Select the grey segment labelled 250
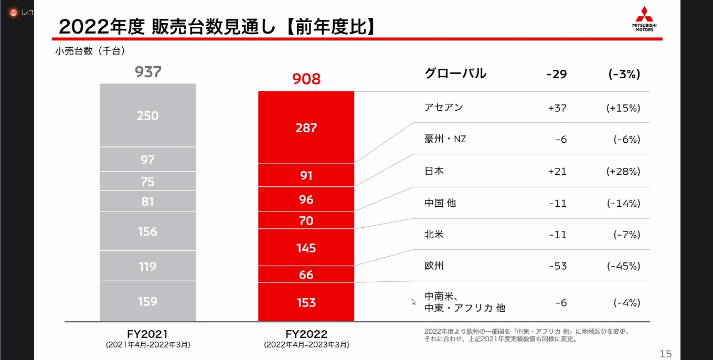point(147,116)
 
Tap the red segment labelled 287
point(306,128)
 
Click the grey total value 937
point(147,72)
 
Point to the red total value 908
point(306,79)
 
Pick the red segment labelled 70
point(306,220)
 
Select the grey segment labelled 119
point(147,267)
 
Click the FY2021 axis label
point(147,334)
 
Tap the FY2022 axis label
point(306,334)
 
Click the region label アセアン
point(444,108)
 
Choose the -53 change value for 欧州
point(557,266)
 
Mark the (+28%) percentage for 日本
point(623,172)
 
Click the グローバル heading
point(455,73)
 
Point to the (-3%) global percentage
point(624,74)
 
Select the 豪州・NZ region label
point(445,140)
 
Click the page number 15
point(665,354)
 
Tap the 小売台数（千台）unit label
point(89,51)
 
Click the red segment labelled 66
point(306,274)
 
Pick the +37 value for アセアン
point(557,108)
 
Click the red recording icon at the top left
point(14,13)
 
